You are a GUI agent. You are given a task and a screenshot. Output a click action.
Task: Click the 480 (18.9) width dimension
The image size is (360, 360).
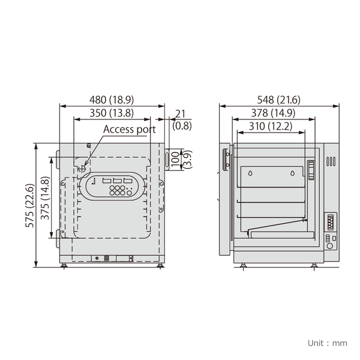(x=112, y=100)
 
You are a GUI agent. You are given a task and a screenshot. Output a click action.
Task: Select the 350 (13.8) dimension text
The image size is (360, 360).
(x=112, y=113)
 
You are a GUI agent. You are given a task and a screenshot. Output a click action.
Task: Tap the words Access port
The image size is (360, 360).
(x=129, y=129)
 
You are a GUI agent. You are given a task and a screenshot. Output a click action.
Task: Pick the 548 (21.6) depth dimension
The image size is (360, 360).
(x=278, y=100)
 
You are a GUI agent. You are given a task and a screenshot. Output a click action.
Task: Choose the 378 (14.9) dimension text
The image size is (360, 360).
(x=272, y=113)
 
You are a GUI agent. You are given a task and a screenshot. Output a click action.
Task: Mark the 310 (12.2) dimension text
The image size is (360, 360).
(x=269, y=126)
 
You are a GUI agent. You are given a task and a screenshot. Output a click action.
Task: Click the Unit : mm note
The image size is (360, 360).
(x=327, y=343)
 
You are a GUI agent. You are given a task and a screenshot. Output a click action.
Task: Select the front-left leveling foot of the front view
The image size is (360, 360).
(x=64, y=265)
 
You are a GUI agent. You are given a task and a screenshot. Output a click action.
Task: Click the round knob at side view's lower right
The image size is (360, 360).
(x=329, y=245)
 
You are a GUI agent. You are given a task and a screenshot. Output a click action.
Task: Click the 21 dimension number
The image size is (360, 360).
(x=180, y=113)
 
